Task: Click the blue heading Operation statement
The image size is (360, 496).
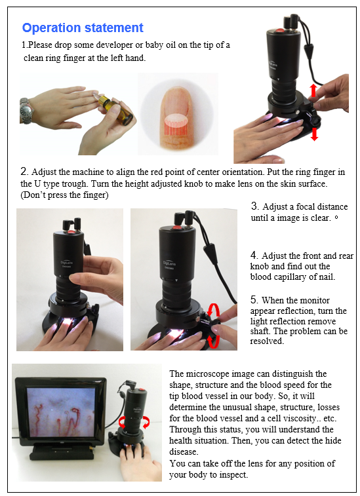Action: (83, 28)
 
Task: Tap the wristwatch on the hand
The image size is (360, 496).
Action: (26, 111)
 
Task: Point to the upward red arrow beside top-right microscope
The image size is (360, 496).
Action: (313, 90)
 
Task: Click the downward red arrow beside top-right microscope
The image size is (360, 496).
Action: (314, 134)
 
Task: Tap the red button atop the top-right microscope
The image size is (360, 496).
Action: (280, 31)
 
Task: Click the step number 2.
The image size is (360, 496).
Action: (24, 172)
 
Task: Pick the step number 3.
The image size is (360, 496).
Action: (255, 206)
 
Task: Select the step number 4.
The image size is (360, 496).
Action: (254, 256)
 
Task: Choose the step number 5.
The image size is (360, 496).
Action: (254, 299)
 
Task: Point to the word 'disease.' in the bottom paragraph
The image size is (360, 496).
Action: (184, 451)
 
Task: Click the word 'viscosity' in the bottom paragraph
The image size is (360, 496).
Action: (296, 418)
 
